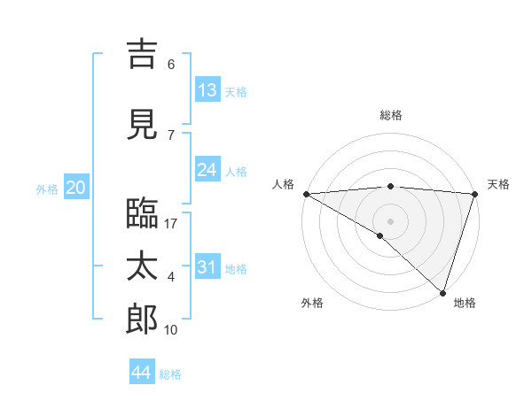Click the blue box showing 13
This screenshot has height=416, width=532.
(207, 90)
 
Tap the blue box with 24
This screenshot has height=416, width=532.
(207, 170)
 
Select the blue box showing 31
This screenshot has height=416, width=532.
(207, 267)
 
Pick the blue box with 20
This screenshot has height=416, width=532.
(75, 188)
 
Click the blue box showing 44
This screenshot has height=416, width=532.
(142, 373)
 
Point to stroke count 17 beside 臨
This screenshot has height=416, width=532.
(171, 224)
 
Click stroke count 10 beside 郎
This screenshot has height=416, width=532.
(171, 330)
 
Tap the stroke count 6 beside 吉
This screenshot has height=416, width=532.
(171, 65)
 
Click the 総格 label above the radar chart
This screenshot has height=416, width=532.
(390, 115)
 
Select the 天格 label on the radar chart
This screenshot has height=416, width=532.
(498, 184)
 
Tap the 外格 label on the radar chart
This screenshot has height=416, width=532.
(312, 303)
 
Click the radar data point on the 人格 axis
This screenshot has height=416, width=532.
(305, 194)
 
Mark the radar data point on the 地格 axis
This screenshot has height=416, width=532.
(442, 292)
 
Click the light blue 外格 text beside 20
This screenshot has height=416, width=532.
(47, 189)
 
